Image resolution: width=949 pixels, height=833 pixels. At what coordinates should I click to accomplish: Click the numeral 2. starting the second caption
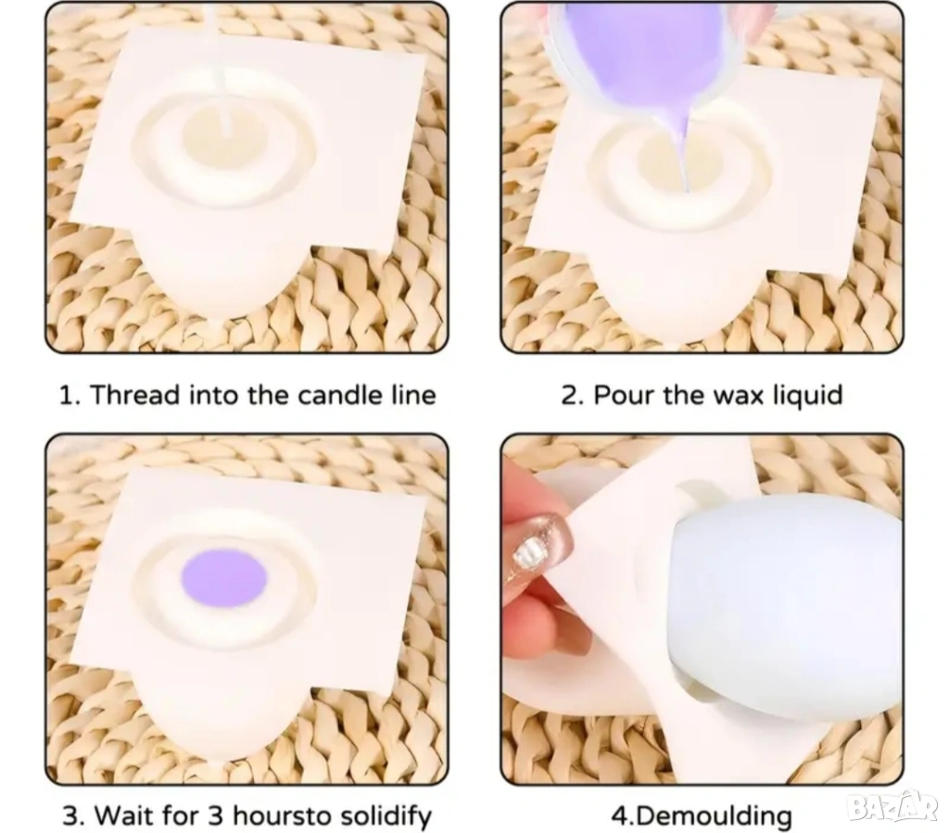[573, 395]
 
